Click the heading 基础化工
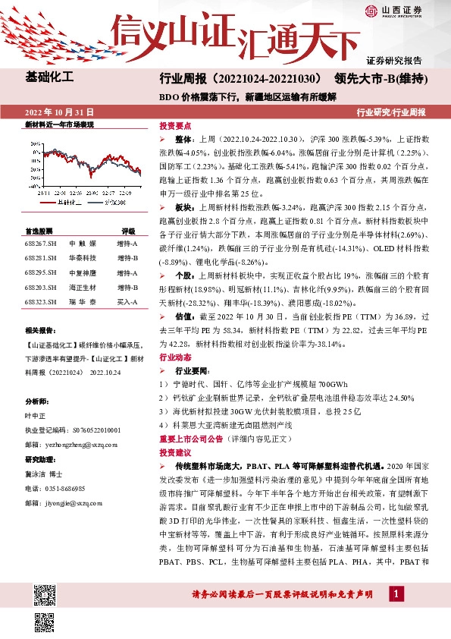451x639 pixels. [49, 77]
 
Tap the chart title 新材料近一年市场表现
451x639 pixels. [60, 123]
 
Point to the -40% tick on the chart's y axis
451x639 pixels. [31, 186]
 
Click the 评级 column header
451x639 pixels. [128, 231]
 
